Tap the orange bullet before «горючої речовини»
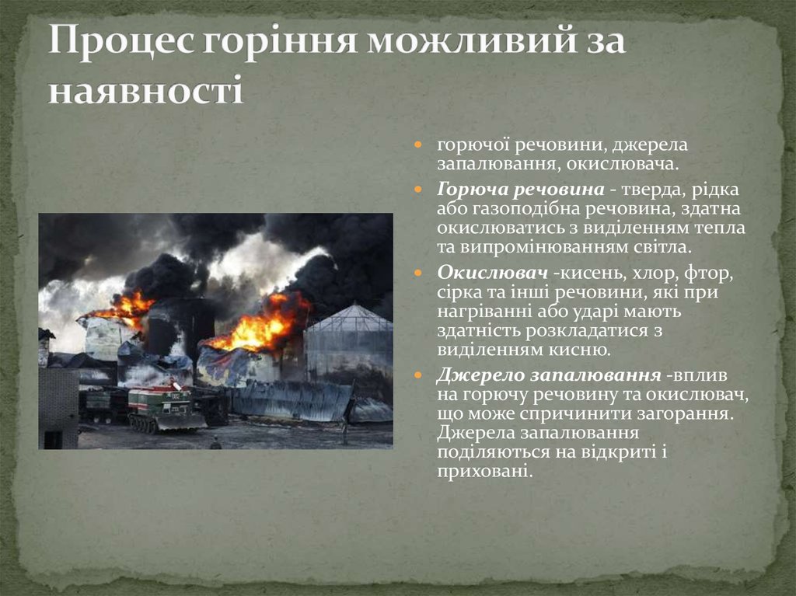(x=419, y=145)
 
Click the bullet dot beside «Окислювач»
(x=419, y=274)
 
